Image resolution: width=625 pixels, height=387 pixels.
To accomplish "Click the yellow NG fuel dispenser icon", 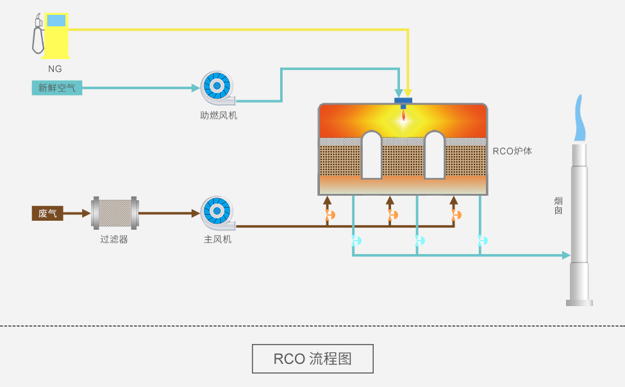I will (53, 35).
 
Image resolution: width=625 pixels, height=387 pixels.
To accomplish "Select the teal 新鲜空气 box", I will (57, 88).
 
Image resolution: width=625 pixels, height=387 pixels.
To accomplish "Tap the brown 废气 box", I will (47, 213).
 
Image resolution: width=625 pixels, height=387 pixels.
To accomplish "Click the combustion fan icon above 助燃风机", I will (217, 87).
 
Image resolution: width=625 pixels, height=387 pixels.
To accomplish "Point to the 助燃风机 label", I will (219, 116).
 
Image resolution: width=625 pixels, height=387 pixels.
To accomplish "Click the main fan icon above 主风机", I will (217, 212).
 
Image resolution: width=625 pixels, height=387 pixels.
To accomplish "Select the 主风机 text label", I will (218, 239).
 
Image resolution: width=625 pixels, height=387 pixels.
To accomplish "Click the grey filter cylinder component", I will (115, 213).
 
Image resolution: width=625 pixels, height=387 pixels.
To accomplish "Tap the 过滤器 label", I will (114, 239).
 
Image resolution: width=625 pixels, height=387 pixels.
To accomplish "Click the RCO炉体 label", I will (512, 151).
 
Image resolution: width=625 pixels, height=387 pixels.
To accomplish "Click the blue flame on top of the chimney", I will (579, 119).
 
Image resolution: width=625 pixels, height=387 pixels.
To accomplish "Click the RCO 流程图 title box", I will (312, 359).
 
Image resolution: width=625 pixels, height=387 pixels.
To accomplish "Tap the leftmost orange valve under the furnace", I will (329, 214).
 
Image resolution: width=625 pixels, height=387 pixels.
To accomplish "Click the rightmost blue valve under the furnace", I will (482, 241).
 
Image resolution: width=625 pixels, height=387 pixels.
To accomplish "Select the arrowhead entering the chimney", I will (566, 255).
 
